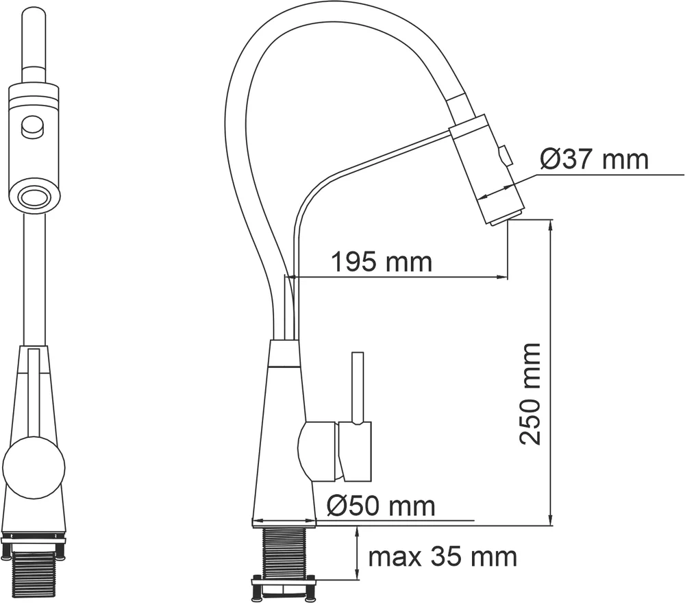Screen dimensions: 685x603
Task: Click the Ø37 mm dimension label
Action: pos(594,159)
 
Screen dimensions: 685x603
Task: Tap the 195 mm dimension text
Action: pos(382,262)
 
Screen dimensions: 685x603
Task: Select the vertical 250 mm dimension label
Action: pos(530,395)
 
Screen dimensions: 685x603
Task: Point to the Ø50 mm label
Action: pos(381,506)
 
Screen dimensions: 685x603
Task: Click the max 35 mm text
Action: pos(443,556)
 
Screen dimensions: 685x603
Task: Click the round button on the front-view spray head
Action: pos(32,127)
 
